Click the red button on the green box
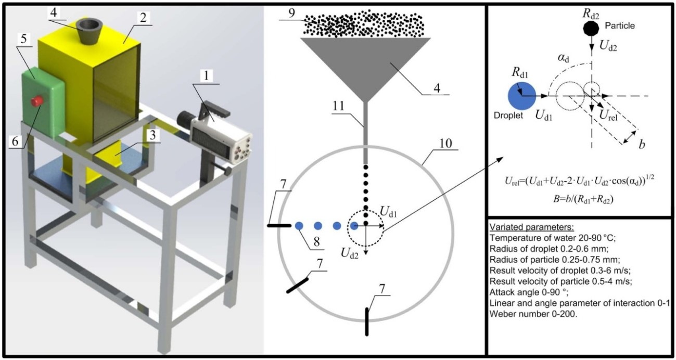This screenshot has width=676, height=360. pyautogui.click(x=37, y=100)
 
